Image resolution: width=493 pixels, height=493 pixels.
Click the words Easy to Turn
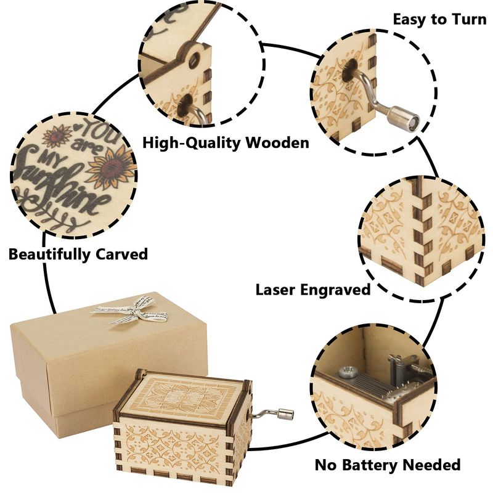coord(439,20)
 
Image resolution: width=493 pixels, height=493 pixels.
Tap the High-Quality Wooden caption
coord(226,143)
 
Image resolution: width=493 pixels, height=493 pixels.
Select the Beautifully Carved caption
coord(78,254)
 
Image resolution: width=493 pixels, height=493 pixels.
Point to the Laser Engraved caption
coord(313,290)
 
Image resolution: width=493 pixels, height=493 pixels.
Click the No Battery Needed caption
coord(388,465)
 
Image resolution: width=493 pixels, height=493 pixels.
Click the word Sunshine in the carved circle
coord(60,185)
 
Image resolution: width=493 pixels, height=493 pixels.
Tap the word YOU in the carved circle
coord(99,131)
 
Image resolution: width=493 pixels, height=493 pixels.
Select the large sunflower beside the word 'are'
coord(112,166)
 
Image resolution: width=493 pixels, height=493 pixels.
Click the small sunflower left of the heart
coord(57,135)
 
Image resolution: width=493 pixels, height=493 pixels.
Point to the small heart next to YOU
coord(76,127)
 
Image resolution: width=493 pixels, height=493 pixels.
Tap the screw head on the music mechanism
coord(348,372)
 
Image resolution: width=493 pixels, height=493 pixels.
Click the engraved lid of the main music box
coord(183,397)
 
